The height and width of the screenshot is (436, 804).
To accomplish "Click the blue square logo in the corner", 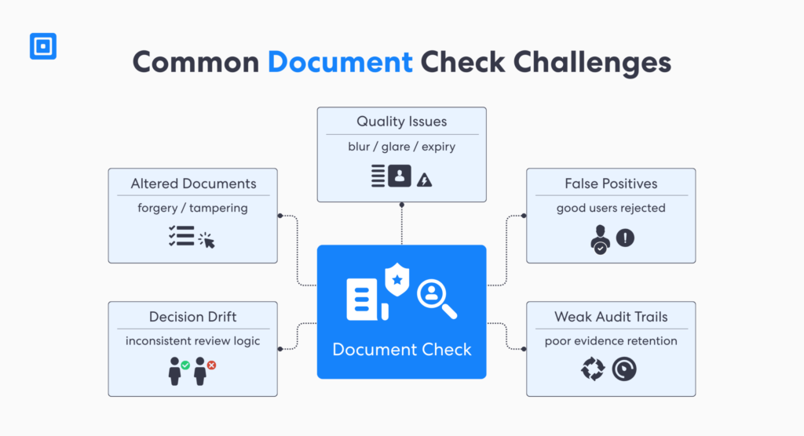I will click(x=43, y=46).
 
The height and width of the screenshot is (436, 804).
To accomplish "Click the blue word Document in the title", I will click(x=339, y=62).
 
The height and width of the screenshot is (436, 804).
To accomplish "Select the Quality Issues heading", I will click(x=401, y=122).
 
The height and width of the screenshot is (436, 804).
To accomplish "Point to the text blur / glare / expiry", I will click(x=401, y=147).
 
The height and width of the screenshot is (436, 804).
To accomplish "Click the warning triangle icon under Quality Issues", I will click(x=426, y=180).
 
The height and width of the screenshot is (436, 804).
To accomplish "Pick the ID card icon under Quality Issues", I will click(x=400, y=176).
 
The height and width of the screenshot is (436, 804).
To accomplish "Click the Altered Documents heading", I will click(x=193, y=183).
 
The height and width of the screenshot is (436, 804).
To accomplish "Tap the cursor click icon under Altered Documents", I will click(x=207, y=239).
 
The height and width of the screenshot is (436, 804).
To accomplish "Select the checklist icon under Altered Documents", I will click(x=181, y=236).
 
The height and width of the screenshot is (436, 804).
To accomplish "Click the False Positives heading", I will click(x=611, y=183).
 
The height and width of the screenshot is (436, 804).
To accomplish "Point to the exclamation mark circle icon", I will click(x=625, y=238).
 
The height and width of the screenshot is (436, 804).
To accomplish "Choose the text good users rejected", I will click(x=611, y=209).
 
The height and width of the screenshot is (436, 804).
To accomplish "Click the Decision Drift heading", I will click(x=193, y=317).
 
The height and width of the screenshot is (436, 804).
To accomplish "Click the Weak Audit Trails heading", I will click(x=611, y=317).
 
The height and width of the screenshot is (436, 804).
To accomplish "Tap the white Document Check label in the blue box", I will click(x=402, y=349).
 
